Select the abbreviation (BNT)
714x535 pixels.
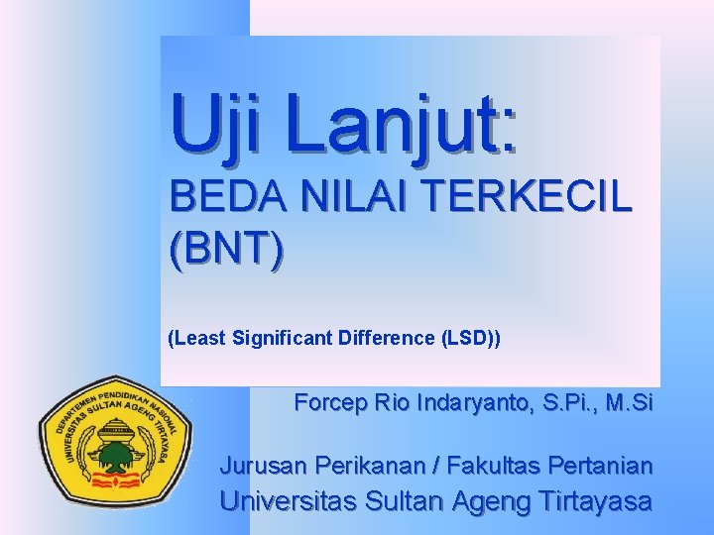click(x=226, y=251)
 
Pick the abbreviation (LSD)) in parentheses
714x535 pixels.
click(x=470, y=339)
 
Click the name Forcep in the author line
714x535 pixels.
click(x=330, y=404)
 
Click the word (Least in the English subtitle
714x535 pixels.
click(x=197, y=339)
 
